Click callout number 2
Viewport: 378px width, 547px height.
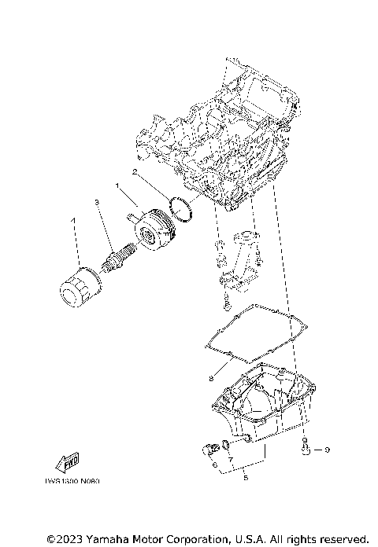[x=135, y=171]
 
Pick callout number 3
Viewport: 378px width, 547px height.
[x=97, y=203]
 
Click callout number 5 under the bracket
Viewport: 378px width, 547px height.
[x=246, y=477]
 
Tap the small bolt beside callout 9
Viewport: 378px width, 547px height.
[x=306, y=448]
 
